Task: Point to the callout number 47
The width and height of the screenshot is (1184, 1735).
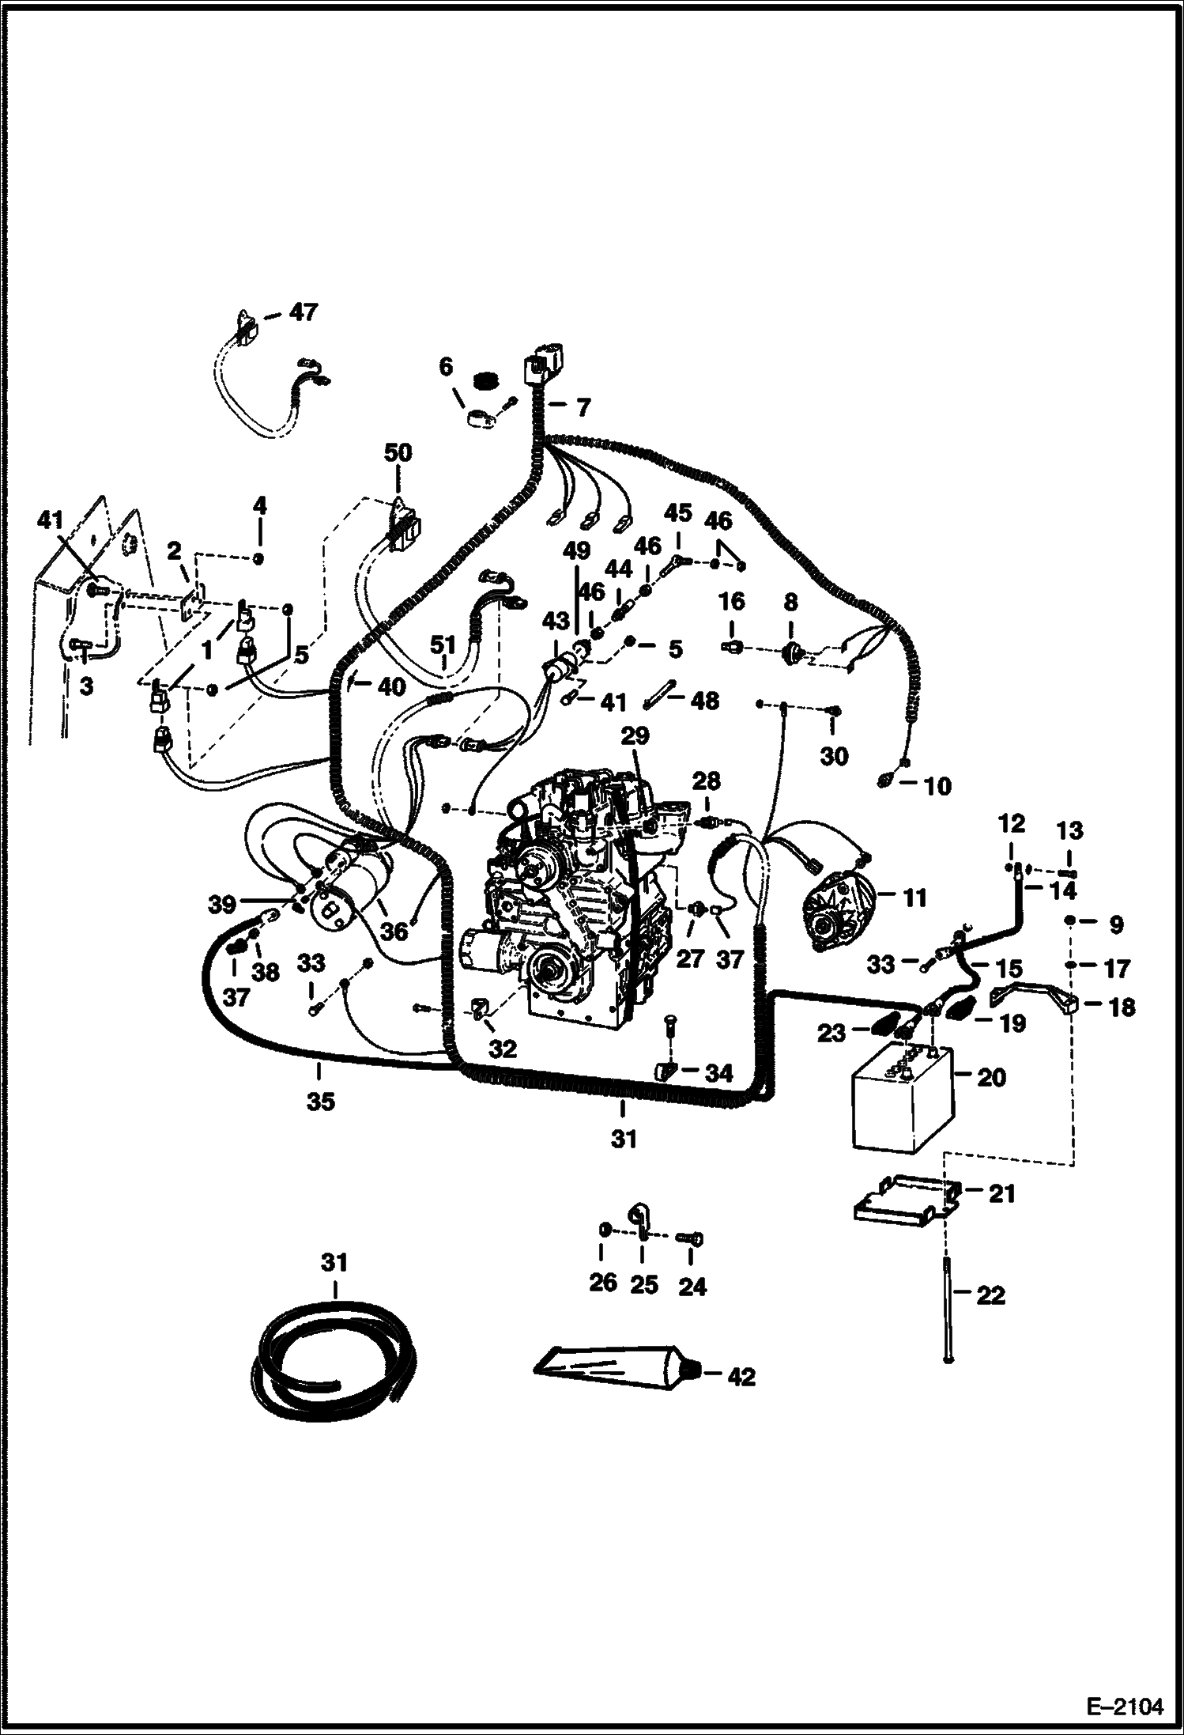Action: (303, 312)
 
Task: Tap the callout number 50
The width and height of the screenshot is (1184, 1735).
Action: (398, 453)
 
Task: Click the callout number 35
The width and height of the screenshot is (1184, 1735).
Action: (320, 1101)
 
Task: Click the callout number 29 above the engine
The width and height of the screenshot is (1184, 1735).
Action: (635, 736)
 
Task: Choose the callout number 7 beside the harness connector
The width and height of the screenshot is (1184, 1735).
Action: (583, 408)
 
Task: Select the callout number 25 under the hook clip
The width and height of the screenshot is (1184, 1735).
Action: (643, 1285)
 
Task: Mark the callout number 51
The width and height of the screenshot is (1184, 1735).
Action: (443, 646)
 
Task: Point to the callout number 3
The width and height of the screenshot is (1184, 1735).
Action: (85, 686)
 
